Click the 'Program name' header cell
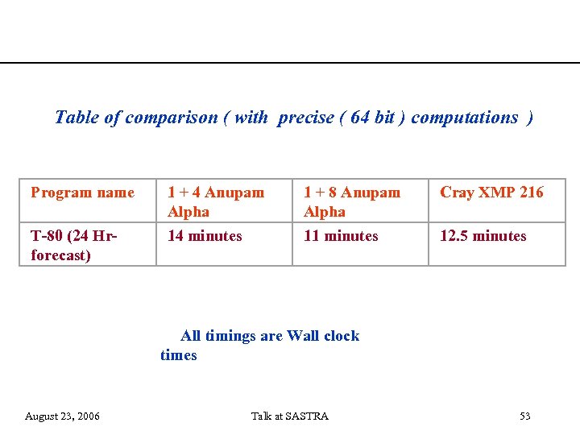[x=82, y=193]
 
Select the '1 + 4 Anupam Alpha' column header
[x=215, y=202]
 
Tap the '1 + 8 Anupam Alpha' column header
[x=351, y=202]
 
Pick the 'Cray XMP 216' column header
[x=491, y=193]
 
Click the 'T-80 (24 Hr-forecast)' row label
[x=73, y=246]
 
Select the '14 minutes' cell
[x=205, y=236]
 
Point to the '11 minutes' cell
[x=341, y=236]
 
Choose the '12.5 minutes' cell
[x=483, y=236]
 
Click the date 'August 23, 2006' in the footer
[x=63, y=416]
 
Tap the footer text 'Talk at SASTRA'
[x=290, y=416]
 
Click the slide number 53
[x=525, y=416]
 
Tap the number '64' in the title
[x=361, y=118]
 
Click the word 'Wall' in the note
[x=303, y=336]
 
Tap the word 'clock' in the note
[x=342, y=336]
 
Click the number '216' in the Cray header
[x=530, y=193]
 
